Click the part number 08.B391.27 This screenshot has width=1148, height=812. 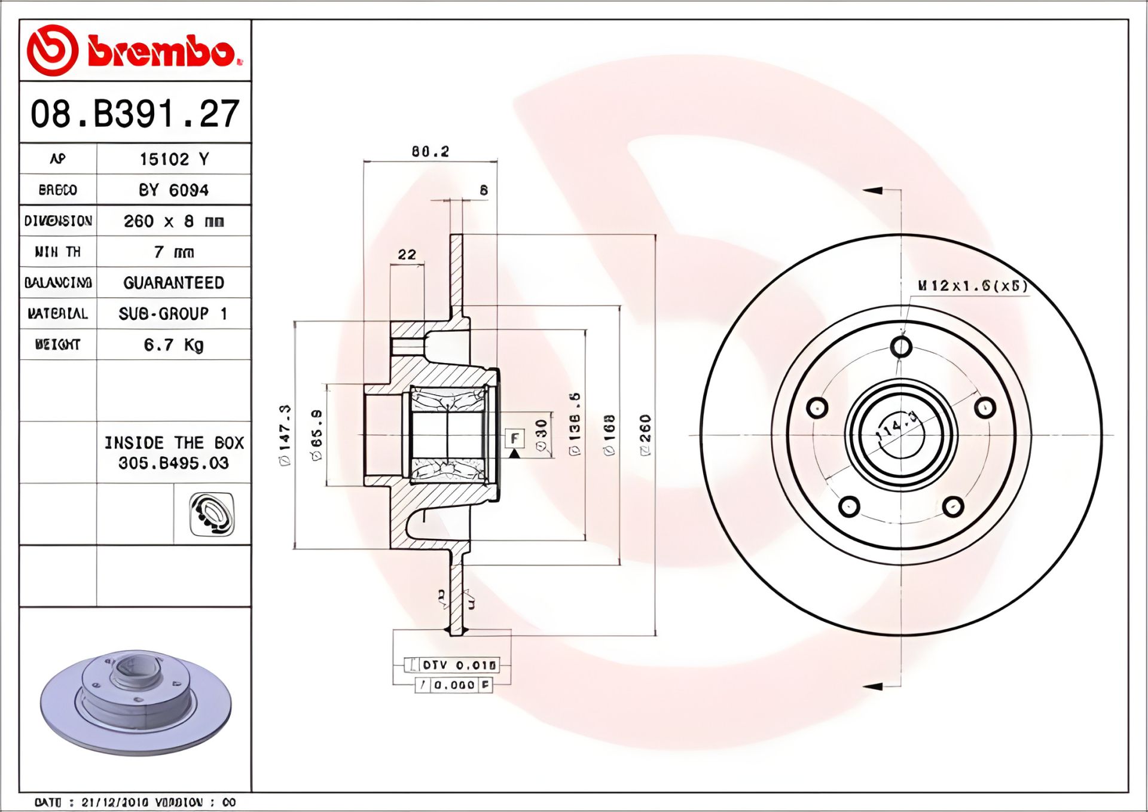135,114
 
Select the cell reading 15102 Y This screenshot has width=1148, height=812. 174,159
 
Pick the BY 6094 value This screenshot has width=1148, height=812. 174,190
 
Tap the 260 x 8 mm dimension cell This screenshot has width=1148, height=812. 174,221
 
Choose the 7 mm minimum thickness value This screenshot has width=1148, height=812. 174,252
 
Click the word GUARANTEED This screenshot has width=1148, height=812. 174,283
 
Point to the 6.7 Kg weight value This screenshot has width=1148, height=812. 174,345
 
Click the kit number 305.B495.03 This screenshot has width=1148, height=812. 173,463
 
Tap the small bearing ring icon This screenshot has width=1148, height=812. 212,514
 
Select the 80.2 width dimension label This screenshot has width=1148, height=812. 430,152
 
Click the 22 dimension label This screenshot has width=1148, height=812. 407,255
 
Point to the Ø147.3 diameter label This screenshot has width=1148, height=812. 285,435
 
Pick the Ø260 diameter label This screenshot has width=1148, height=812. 645,435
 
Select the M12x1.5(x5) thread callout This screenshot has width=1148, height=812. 973,286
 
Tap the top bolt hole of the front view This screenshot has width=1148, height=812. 901,346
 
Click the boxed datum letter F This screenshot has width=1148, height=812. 514,438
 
